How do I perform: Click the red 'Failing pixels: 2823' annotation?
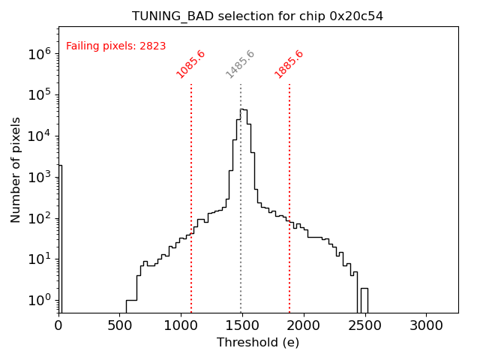[x=116, y=46]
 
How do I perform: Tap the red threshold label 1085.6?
[x=190, y=64]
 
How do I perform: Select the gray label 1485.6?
[x=241, y=64]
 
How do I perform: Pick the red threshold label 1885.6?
[x=289, y=64]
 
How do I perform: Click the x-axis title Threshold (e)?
[x=258, y=343]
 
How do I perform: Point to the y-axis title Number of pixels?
[x=16, y=169]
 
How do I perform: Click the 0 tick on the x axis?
[x=58, y=325]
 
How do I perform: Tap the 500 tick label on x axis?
[x=120, y=325]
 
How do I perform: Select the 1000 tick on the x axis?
[x=181, y=325]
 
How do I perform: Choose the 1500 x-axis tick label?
[x=242, y=325]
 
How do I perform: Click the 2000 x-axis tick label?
[x=304, y=325]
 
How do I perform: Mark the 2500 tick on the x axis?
[x=365, y=325]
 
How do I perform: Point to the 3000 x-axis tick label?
[x=427, y=325]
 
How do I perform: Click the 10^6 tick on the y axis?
[x=40, y=53]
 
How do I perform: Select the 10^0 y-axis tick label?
[x=40, y=301]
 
